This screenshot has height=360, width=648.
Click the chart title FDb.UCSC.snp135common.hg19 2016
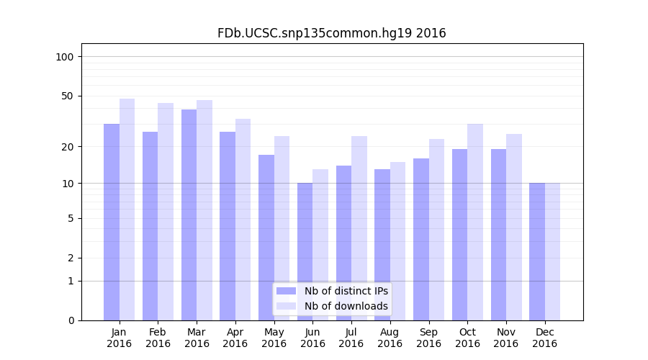tap(331, 33)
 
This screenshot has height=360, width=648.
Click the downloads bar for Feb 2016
tap(166, 212)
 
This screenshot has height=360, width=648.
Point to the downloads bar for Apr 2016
tap(243, 220)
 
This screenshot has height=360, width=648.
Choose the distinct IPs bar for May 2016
tap(266, 238)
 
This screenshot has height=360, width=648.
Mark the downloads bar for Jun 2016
tap(320, 245)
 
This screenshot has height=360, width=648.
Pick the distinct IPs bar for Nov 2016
tap(498, 235)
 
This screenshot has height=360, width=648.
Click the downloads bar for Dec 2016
tap(552, 251)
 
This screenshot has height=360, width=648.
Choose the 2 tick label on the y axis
tap(71, 258)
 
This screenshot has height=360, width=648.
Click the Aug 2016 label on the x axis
tap(390, 338)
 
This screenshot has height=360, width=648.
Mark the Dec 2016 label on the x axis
tap(544, 338)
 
